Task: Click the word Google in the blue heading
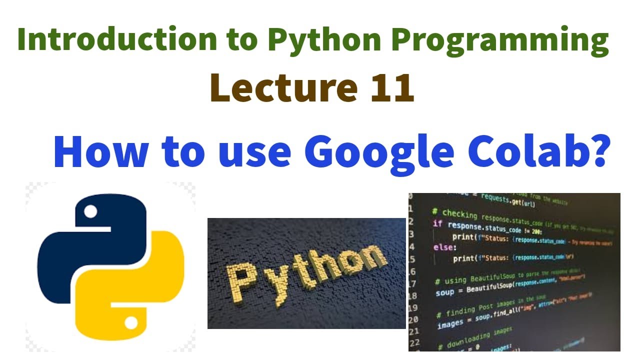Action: coord(379,150)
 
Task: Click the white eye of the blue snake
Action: coord(90,212)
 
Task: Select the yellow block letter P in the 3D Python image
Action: coord(239,282)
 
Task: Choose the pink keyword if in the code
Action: coord(437,223)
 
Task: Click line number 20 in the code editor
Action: coord(413,319)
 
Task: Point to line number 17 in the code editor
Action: coord(413,283)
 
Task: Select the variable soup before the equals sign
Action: coord(444,292)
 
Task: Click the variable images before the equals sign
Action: coord(450,324)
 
